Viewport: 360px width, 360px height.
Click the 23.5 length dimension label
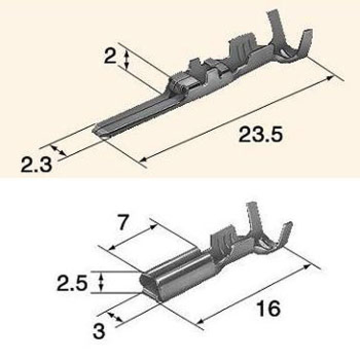click(x=260, y=134)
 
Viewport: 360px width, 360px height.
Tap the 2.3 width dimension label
click(x=36, y=165)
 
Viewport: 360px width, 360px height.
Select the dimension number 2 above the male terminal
click(x=110, y=56)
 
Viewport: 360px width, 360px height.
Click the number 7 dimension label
click(x=122, y=222)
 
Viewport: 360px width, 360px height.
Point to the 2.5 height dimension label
click(x=72, y=283)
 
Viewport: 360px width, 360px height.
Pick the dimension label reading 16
click(x=268, y=308)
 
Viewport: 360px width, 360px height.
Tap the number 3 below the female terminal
click(x=99, y=331)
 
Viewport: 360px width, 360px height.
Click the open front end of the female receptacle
click(x=147, y=282)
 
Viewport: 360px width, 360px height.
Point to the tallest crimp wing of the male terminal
click(x=277, y=30)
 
